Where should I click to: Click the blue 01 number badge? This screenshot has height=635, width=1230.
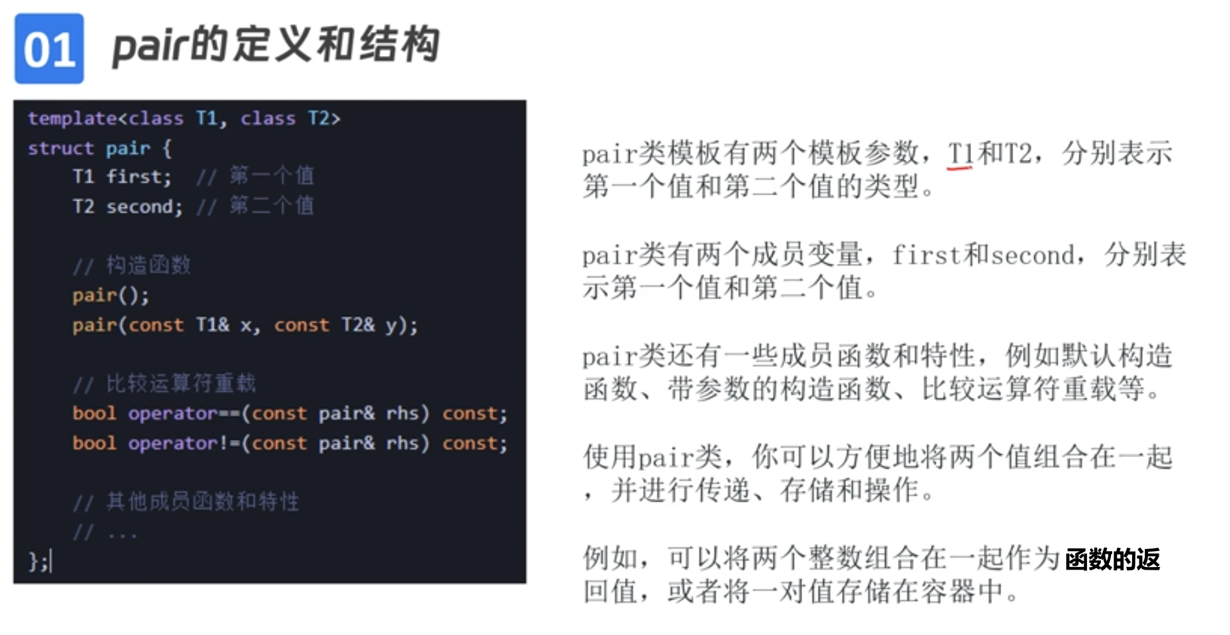click(49, 49)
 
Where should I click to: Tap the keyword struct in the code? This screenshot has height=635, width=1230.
click(61, 148)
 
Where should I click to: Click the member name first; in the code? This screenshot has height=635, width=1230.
click(138, 177)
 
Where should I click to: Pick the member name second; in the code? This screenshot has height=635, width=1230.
click(144, 207)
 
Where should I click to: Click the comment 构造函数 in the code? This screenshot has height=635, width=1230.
click(148, 265)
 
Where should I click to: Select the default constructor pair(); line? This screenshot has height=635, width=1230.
click(110, 295)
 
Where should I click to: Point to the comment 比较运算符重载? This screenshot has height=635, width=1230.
click(180, 383)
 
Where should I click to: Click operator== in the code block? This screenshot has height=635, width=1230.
click(184, 413)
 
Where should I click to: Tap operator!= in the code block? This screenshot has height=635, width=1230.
click(184, 443)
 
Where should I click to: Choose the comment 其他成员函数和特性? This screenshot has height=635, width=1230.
click(202, 501)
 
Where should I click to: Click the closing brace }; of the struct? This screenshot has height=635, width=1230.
click(38, 561)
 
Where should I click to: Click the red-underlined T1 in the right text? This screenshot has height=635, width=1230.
click(960, 154)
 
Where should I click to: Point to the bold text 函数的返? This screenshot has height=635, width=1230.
click(1112, 559)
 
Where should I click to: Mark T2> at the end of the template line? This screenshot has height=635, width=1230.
click(323, 119)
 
